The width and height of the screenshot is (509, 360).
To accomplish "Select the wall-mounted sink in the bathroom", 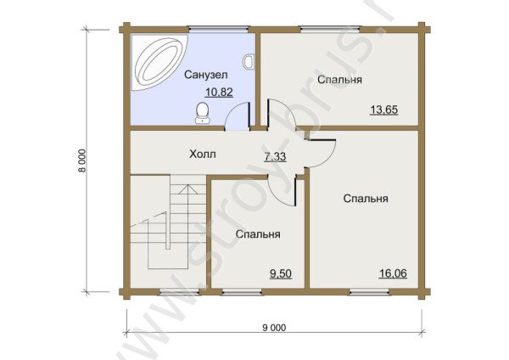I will pos(249,61).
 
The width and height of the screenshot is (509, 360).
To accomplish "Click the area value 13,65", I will pos(384,109).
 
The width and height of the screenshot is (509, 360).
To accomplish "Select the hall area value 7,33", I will pos(275,157).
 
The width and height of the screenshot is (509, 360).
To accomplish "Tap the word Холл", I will pos(202,155).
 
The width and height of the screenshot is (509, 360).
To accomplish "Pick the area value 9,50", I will pos(281,273).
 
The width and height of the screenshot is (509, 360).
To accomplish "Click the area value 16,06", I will pos(392,273).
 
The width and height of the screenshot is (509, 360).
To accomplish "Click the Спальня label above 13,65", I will pos(340,80).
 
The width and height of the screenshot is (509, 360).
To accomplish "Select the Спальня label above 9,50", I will pos(258,233).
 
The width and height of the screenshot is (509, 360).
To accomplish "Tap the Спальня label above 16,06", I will pos(366,199).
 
